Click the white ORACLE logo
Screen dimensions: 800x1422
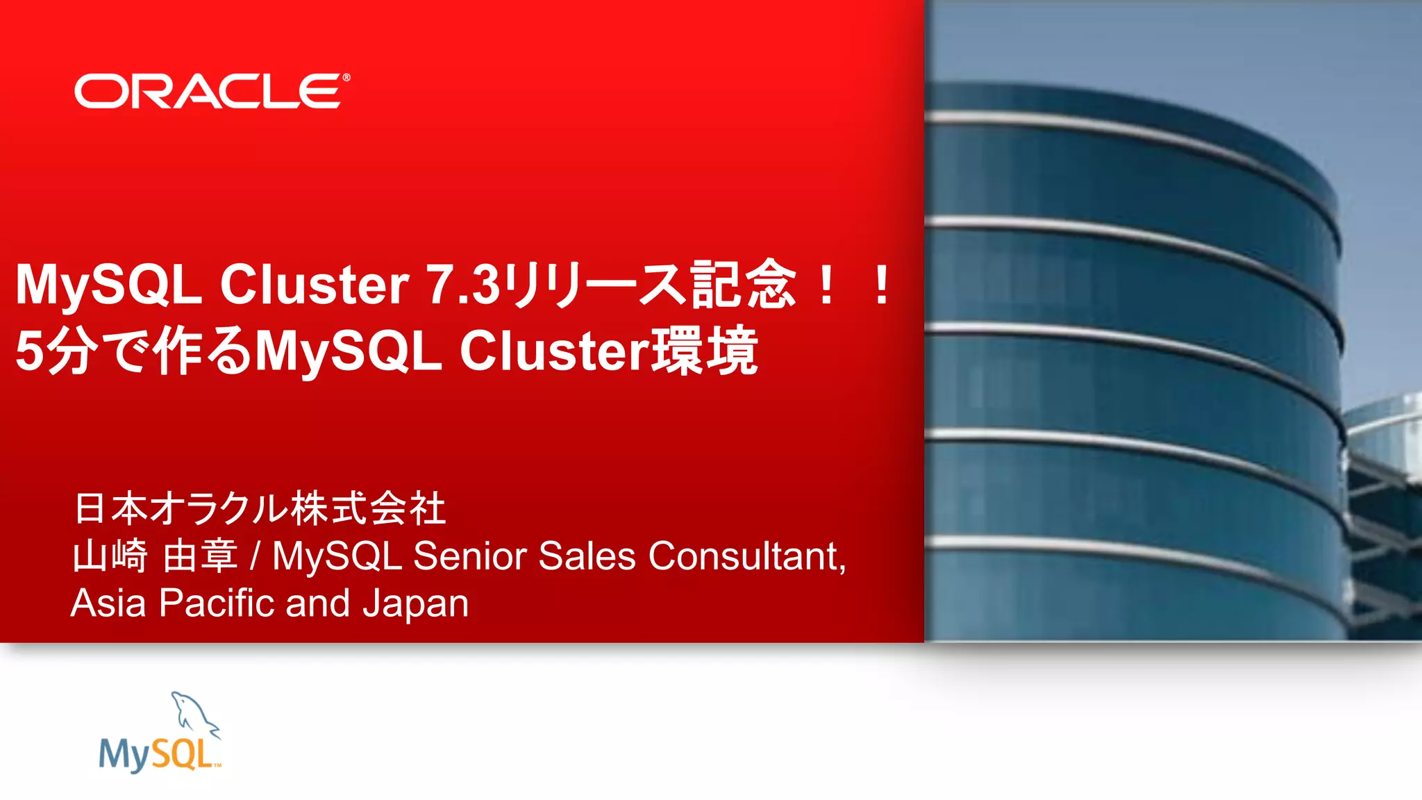208,92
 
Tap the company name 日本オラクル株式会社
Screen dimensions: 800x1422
260,508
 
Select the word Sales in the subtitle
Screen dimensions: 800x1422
587,556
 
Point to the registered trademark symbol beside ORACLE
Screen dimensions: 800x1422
346,78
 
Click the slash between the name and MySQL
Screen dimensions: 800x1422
256,556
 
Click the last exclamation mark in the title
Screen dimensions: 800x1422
881,285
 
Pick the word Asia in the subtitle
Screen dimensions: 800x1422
108,603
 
